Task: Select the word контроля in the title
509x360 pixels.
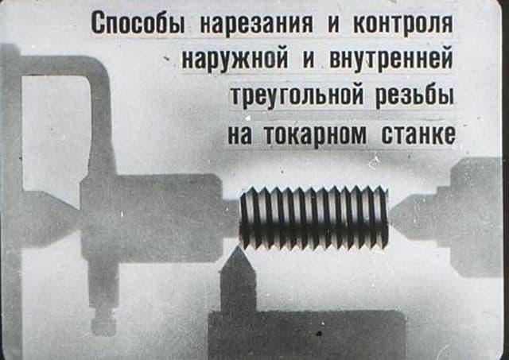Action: coord(403,24)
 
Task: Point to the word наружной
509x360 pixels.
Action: coord(235,60)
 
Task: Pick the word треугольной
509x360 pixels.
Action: coord(297,97)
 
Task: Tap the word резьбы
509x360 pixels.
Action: coord(414,96)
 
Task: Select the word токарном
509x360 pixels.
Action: coord(315,134)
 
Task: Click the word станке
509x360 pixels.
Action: coord(418,134)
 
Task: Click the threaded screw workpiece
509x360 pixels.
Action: coord(314,218)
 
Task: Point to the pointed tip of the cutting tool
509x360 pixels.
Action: coord(237,247)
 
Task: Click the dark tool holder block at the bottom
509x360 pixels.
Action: coord(306,335)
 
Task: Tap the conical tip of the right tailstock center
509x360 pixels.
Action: coord(390,218)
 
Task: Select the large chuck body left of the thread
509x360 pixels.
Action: coord(152,218)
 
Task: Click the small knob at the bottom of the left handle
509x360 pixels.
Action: coord(103,325)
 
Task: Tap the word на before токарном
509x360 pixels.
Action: coord(239,134)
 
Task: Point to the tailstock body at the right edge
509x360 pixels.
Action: coord(476,217)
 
